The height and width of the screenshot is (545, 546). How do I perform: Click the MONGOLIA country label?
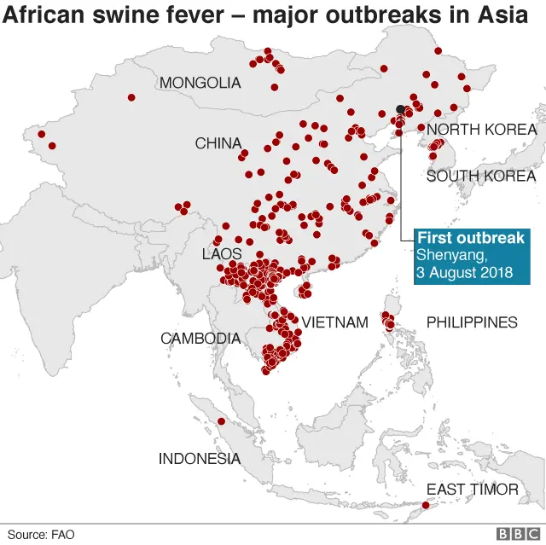[x=200, y=83]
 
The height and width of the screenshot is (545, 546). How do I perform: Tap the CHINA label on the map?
[x=218, y=143]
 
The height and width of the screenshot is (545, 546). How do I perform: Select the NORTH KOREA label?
[x=481, y=130]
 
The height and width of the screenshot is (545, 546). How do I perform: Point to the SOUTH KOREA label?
[x=480, y=176]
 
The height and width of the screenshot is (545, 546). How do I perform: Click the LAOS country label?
[x=221, y=254]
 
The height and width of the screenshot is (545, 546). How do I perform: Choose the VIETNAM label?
[x=334, y=322]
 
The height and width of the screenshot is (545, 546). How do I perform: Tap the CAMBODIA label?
[x=200, y=339]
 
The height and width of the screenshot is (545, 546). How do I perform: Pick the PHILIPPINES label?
[x=472, y=322]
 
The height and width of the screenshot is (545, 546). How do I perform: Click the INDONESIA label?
[x=199, y=459]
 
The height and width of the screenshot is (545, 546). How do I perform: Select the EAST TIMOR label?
[x=472, y=489]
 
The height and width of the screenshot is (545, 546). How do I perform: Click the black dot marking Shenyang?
[x=400, y=109]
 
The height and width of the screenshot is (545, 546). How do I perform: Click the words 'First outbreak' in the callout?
[x=470, y=238]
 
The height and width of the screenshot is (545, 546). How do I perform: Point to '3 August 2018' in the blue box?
[x=465, y=273]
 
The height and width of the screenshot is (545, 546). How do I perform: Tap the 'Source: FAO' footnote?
[x=42, y=534]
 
